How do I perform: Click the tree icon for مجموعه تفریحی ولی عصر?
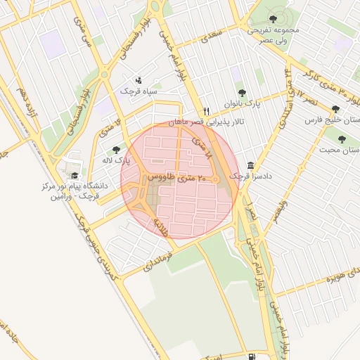274,19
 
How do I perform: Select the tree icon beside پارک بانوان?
242,93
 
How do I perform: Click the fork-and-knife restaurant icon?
206,111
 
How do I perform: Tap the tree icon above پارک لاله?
116,150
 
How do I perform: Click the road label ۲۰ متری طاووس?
175,179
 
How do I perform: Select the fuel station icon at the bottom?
252,356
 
